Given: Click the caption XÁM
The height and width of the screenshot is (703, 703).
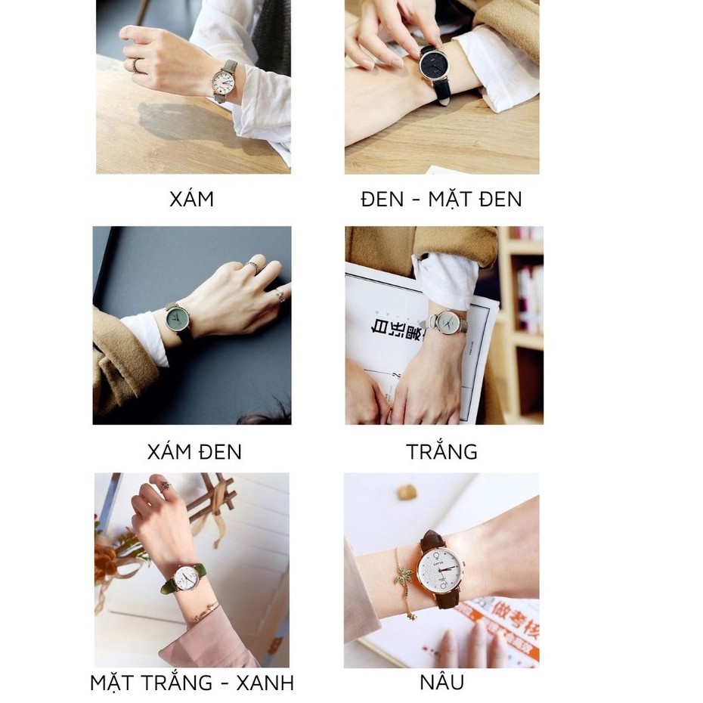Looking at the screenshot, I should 191,199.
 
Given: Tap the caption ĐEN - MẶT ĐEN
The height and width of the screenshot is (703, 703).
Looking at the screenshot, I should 441,199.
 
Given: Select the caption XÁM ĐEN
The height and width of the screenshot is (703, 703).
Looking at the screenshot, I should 194,452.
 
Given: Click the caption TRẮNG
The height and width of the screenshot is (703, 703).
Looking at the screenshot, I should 441,452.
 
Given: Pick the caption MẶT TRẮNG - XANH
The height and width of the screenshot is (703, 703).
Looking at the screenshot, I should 192,683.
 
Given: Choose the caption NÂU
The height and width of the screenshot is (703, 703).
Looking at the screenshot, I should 441,683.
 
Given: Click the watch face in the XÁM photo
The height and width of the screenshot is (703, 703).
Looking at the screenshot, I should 225,82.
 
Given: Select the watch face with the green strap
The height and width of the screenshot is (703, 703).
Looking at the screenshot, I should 186,578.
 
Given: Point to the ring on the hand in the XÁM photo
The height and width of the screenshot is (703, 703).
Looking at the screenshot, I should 135,66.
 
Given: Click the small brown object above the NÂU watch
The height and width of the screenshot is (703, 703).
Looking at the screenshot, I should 407,492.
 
